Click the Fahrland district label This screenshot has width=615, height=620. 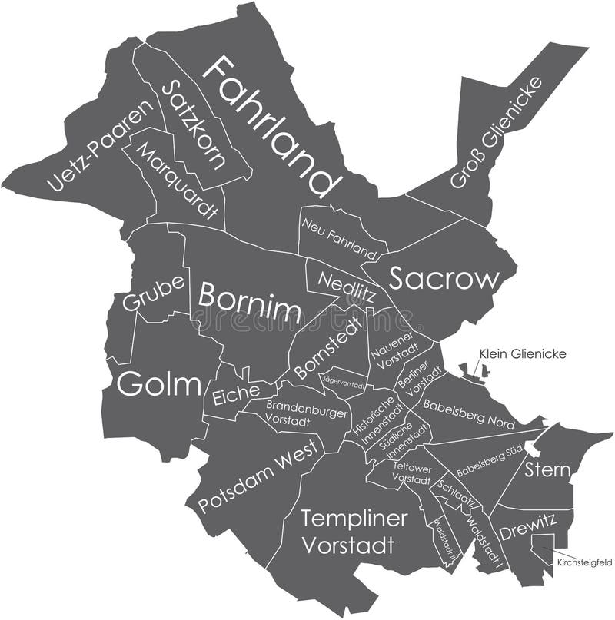coord(271,127)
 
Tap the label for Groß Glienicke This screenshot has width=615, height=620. coord(496,132)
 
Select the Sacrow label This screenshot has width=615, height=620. coord(444,279)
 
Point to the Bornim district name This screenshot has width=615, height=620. coord(249,302)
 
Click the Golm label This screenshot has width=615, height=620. coord(158,383)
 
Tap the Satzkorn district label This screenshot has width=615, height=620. coord(194,125)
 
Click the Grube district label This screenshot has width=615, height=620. coord(154,293)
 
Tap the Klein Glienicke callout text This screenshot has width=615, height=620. coord(523,353)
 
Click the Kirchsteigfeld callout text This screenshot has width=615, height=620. coord(583,563)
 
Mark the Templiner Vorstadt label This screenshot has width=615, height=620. coord(354,532)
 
